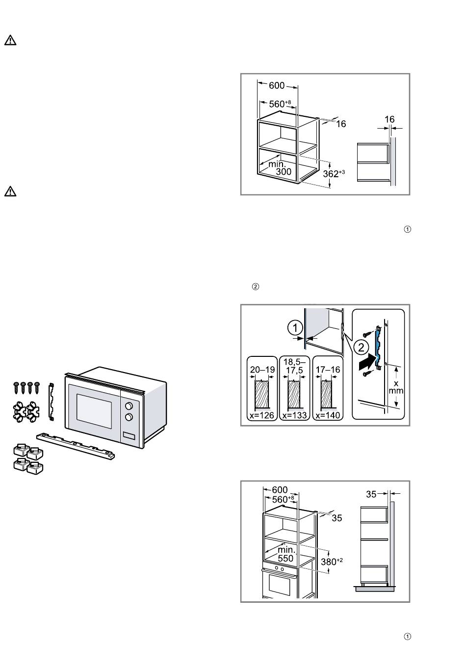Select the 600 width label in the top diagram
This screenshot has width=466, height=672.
[277, 85]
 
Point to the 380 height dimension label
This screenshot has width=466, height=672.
[332, 561]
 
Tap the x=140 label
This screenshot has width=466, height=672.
[328, 415]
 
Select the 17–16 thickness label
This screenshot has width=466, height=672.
[328, 370]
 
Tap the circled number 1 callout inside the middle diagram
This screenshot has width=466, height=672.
[294, 327]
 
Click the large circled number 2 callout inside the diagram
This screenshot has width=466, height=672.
[361, 348]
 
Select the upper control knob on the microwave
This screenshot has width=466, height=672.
[129, 406]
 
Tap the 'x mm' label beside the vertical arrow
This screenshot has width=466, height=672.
[396, 387]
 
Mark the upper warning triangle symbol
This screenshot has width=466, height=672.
[10, 41]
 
